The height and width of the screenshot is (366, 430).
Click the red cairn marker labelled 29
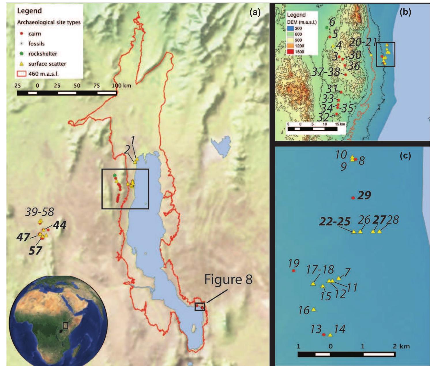click(x=353, y=198)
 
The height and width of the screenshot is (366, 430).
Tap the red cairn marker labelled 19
click(x=294, y=271)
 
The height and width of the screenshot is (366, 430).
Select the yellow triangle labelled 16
click(x=314, y=309)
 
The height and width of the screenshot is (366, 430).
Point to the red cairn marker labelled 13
click(x=324, y=335)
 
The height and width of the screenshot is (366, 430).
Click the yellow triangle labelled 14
click(x=330, y=335)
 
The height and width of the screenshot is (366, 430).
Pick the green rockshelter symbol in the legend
click(x=22, y=54)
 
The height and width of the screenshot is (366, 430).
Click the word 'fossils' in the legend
click(x=36, y=44)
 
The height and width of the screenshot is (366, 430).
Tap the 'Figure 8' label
click(x=228, y=279)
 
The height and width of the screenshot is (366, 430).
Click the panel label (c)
click(x=405, y=156)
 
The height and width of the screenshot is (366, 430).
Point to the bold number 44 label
click(x=59, y=225)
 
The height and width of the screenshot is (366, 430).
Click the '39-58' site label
click(x=40, y=212)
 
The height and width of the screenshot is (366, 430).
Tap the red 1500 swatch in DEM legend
click(x=290, y=52)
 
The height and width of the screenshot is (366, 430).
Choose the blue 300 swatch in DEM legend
click(x=290, y=28)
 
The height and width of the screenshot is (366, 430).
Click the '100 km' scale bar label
click(x=121, y=85)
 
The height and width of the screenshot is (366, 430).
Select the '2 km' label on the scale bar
click(x=401, y=346)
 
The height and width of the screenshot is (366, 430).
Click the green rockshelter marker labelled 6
click(x=327, y=27)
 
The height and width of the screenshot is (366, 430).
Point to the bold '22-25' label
click(x=335, y=222)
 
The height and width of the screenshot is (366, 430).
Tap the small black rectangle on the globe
click(x=65, y=325)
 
